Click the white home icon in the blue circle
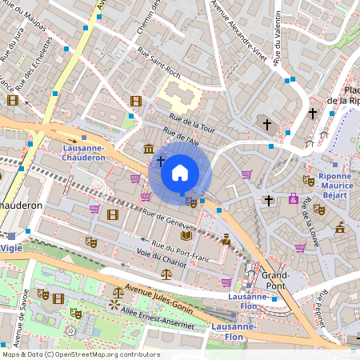pyautogui.click(x=180, y=172)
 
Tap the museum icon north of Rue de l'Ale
pyautogui.click(x=150, y=148)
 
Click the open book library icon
pyautogui.click(x=186, y=235)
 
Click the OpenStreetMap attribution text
pyautogui.click(x=80, y=354)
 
